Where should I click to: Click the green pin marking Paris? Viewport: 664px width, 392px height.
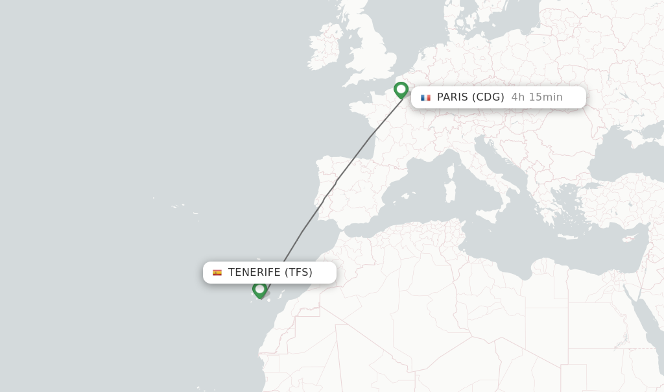pos(401,90)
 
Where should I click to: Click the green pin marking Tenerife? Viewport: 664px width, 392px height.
pos(260,289)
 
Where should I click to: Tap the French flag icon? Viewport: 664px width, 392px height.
pos(425,97)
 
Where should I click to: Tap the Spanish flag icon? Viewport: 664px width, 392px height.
pos(217,273)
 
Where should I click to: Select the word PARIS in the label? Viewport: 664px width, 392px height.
pos(452,97)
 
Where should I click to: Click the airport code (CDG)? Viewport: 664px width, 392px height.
pos(488,97)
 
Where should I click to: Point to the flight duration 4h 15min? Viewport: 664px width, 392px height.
pos(537,97)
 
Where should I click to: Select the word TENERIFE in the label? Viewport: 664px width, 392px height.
pos(254,273)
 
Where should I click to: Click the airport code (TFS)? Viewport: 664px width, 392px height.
pos(298,273)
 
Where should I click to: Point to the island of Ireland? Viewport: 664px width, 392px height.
pos(324,49)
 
